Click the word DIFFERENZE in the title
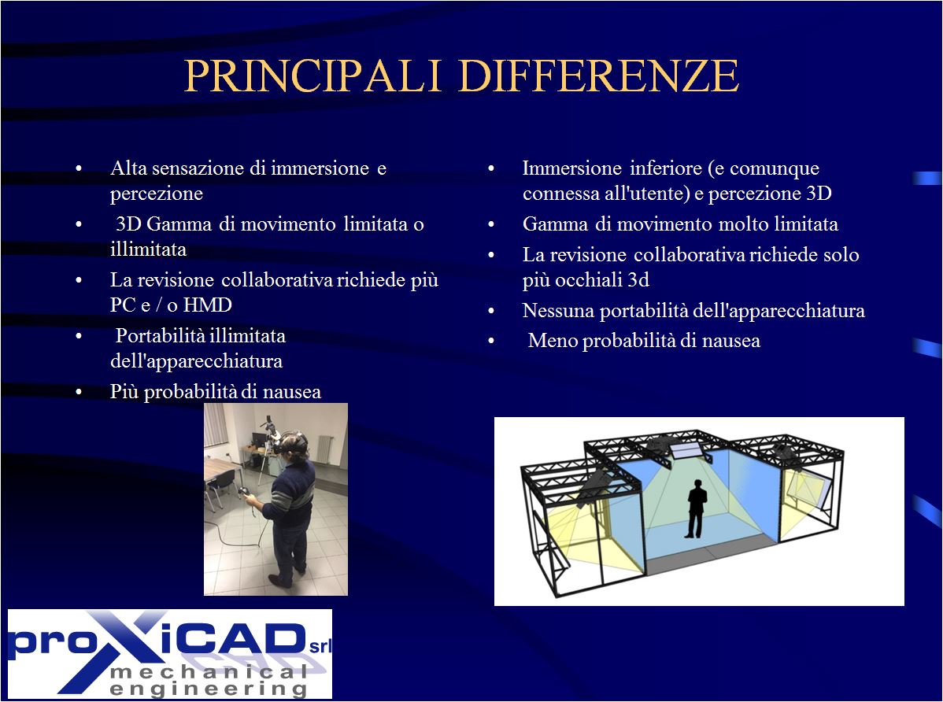coord(598,76)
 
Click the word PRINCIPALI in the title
coord(312,76)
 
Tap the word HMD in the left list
coord(208,305)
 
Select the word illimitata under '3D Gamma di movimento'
coord(148,249)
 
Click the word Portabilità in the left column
coord(159,336)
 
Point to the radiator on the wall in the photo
coord(324,450)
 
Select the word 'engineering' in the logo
coord(208,689)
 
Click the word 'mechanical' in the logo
coord(209,672)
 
